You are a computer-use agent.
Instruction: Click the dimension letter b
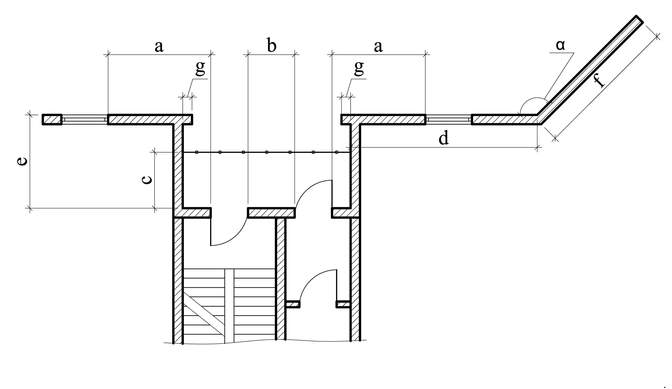(x=271, y=46)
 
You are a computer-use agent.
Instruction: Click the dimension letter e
(x=22, y=161)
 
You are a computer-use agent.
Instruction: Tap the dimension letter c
(x=147, y=180)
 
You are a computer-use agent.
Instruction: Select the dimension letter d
(x=444, y=139)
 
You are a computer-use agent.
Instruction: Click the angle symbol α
(x=560, y=45)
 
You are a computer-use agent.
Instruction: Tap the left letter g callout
(x=200, y=68)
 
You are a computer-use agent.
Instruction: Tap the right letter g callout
(x=359, y=68)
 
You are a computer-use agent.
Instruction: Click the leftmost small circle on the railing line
(x=196, y=152)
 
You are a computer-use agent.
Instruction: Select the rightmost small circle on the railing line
(x=336, y=152)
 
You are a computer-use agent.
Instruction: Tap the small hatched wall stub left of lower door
(x=293, y=304)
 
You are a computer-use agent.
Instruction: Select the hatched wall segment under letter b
(x=271, y=213)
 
